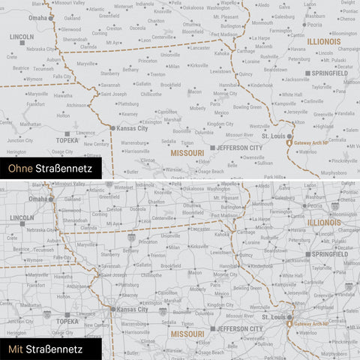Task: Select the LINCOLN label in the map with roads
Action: coord(22,217)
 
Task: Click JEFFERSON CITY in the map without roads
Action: coord(239,148)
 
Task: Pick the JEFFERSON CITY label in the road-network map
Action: coord(239,328)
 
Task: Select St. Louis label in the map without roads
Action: coord(273,136)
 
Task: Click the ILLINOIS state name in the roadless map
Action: coord(323,42)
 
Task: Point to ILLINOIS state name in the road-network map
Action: coord(323,223)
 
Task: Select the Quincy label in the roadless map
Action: coord(245,74)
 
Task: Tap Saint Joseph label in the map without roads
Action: coord(114,94)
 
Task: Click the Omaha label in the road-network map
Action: coord(36,199)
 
